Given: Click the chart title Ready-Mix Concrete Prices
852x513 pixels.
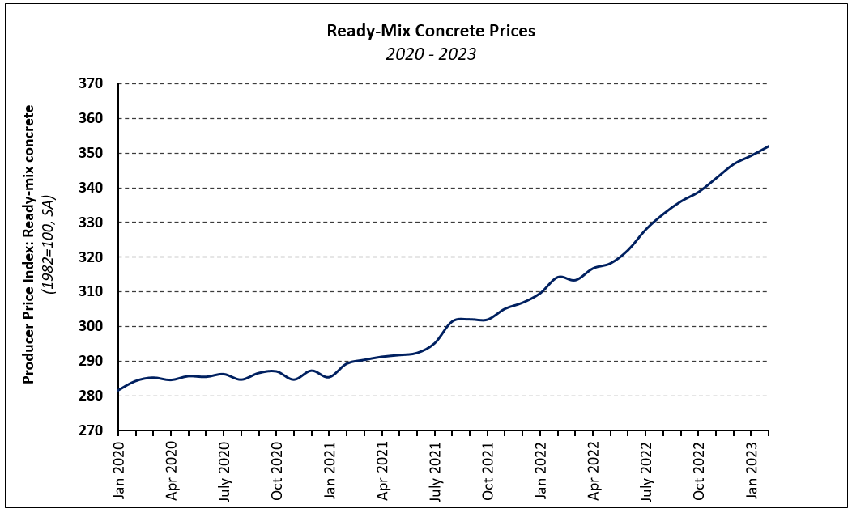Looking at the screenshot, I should tap(430, 32).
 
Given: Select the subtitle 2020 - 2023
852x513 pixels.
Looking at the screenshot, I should tap(430, 54).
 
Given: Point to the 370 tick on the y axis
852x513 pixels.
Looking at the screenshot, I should tap(92, 84).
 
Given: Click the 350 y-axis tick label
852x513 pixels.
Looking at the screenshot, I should tap(92, 154).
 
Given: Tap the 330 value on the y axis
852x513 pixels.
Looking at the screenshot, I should tap(92, 223).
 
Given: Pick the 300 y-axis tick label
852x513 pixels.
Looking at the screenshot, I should tap(92, 327).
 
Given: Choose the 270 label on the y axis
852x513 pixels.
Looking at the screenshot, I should tap(92, 430).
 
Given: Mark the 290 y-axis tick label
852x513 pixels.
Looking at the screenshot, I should tap(92, 362).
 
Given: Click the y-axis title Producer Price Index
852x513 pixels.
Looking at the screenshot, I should tap(28, 244).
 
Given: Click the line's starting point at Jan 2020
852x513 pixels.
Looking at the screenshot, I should tap(119, 390).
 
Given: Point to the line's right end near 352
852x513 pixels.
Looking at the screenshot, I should tap(767, 146).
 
